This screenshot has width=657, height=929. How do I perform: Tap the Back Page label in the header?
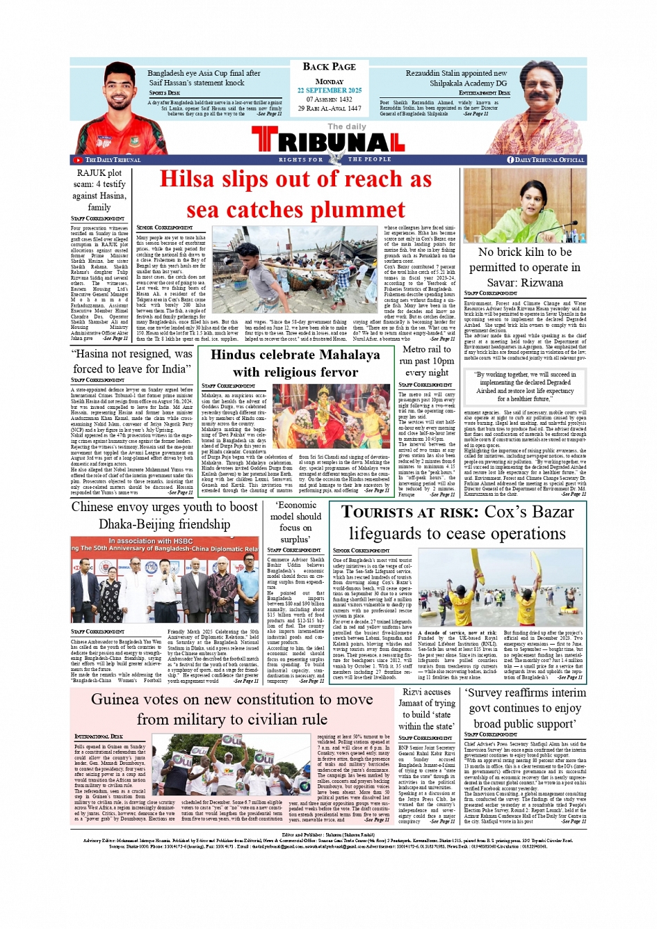pos(329,67)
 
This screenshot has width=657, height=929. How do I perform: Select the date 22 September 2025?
pos(329,90)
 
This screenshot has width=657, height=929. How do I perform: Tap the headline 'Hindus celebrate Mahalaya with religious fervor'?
pos(295,363)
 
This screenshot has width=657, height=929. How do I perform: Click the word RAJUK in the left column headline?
pos(90,173)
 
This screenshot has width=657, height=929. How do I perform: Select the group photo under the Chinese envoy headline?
pos(165,590)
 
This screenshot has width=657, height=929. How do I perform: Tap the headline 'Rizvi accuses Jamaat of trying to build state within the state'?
pos(425,709)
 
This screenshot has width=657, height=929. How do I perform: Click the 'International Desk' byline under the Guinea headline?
pos(99,736)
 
